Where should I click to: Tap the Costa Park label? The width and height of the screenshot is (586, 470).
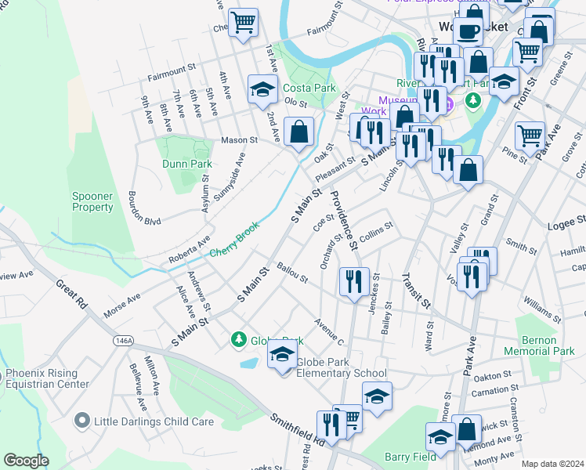click(309, 88)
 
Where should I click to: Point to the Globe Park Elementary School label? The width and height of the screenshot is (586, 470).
click(342, 374)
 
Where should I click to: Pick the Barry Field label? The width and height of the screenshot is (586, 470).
click(410, 457)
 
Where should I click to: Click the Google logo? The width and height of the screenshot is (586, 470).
click(27, 461)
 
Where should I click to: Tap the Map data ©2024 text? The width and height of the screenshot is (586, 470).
click(552, 464)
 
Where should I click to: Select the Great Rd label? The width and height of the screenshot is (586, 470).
click(70, 295)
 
